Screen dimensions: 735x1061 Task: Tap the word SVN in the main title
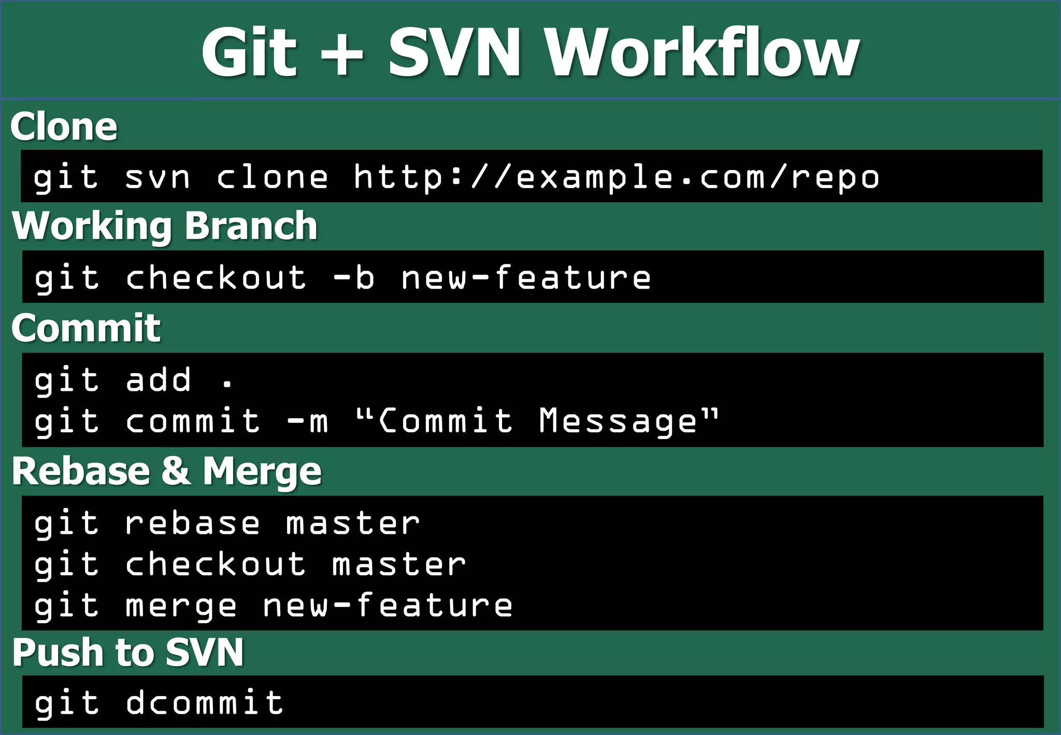pos(454,52)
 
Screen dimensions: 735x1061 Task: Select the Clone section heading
pos(64,126)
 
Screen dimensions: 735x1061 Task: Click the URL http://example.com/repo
pos(616,177)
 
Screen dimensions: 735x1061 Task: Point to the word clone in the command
pos(273,177)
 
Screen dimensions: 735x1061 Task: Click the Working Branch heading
pos(165,226)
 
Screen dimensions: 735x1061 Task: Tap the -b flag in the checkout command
pos(354,277)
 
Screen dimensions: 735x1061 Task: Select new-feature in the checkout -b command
pos(526,277)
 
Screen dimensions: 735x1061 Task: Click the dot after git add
pos(227,384)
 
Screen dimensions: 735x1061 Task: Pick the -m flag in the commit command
pos(308,420)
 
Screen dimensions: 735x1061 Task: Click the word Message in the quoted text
pos(618,420)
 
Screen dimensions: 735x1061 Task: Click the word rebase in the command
pos(192,523)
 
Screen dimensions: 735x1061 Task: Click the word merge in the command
pos(181,605)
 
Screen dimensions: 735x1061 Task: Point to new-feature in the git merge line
pos(388,605)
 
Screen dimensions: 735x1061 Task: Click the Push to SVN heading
pos(127,652)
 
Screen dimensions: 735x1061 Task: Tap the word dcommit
pos(204,703)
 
